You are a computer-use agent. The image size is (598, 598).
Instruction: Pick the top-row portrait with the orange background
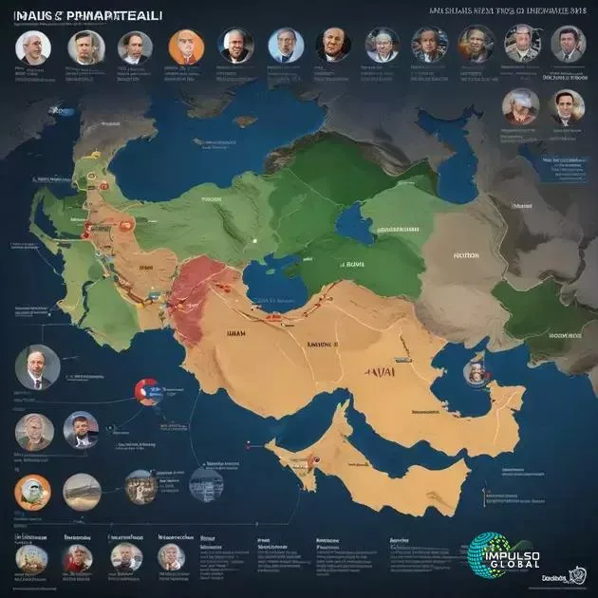click(184, 46)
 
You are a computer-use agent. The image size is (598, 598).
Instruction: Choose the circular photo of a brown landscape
click(82, 491)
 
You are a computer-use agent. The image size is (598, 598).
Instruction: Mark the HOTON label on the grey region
click(464, 254)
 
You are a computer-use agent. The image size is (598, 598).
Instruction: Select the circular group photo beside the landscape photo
click(141, 486)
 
